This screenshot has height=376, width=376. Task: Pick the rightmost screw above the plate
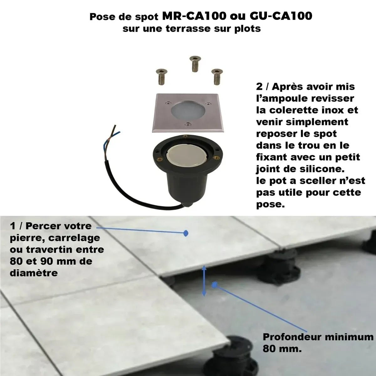216,76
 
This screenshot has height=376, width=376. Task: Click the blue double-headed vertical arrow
204,280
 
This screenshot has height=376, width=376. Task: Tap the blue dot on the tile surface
186,233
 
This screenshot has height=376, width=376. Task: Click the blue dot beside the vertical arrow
215,285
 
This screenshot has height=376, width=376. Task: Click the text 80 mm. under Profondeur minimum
282,349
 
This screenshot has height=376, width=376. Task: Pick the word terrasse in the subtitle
186,29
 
